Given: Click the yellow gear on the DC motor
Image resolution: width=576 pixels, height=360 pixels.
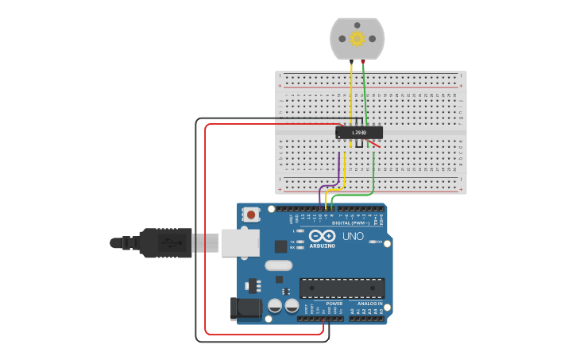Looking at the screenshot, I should click(x=357, y=38).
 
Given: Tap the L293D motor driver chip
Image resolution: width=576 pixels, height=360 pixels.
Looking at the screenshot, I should click(x=359, y=133).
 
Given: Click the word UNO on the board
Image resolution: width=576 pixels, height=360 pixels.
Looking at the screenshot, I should click(x=352, y=236).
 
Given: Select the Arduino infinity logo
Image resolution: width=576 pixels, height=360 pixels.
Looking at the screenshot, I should click(x=323, y=236).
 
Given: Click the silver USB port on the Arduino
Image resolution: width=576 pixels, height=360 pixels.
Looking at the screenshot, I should click(x=240, y=243).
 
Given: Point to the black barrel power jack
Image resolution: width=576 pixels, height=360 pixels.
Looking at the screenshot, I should click(x=245, y=309).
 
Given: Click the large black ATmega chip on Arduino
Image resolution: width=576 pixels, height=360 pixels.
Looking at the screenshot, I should click(x=342, y=288).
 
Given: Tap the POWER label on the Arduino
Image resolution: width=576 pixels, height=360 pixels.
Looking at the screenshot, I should click(x=334, y=303).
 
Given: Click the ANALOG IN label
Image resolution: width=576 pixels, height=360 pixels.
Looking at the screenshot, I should click(x=369, y=303).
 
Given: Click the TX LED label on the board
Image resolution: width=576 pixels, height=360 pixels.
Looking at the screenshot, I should click(x=293, y=241).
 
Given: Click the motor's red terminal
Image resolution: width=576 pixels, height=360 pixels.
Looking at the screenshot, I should click(x=363, y=60).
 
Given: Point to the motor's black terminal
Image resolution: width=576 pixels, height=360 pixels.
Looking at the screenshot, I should click(x=351, y=60).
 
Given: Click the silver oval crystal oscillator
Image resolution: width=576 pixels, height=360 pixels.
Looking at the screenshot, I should click(x=278, y=265).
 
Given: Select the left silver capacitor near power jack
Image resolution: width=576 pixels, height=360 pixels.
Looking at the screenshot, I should click(x=275, y=305).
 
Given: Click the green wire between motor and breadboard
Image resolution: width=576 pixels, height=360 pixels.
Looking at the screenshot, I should click(x=365, y=87).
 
